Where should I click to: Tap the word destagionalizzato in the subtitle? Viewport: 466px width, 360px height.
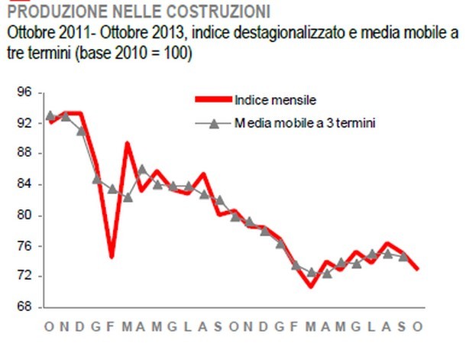click(279, 34)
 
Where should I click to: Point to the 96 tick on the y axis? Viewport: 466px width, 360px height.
click(24, 92)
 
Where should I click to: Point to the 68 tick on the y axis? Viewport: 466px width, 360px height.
click(24, 307)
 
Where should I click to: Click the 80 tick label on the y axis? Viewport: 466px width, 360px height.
click(24, 216)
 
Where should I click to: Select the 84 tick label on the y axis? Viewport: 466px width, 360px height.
click(24, 184)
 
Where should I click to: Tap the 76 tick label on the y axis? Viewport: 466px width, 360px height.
click(24, 246)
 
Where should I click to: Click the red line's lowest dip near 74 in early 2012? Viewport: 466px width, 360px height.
click(112, 257)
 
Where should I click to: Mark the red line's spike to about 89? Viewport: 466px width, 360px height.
click(127, 144)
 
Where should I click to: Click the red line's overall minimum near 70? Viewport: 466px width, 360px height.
click(311, 287)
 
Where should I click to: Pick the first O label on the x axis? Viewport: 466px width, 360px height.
click(49, 327)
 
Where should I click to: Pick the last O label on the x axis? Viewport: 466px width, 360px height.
click(418, 327)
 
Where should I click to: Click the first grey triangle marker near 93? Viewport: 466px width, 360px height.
click(50, 116)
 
